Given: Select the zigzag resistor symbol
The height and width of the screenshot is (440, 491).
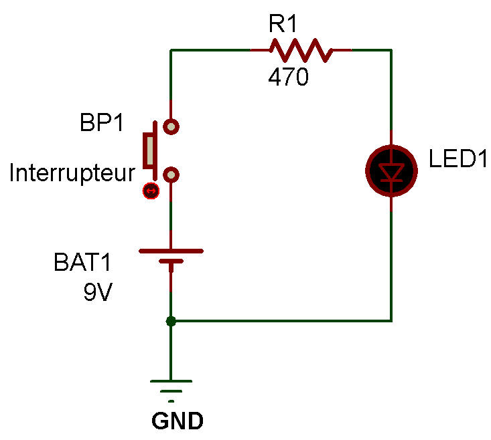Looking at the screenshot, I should coord(301,50).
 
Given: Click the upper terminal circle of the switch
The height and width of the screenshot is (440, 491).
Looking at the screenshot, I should coord(172,125).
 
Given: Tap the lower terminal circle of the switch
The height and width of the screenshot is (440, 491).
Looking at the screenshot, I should coord(172,175).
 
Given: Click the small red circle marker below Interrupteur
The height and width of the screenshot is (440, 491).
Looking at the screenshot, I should coord(151,192).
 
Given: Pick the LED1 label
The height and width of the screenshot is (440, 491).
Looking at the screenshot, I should coord(458,160).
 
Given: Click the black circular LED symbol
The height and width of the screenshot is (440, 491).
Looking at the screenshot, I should coord(391,172).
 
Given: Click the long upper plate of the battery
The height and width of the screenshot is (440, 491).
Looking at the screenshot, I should coord(171,251).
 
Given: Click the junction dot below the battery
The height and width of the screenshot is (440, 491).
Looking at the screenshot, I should coord(171,321).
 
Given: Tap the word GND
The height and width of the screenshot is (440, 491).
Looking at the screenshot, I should coord(177,421).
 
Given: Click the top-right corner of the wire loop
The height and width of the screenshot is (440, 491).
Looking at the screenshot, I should coord(391,50).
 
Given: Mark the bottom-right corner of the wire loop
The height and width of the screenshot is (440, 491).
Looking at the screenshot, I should coord(391,321).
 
